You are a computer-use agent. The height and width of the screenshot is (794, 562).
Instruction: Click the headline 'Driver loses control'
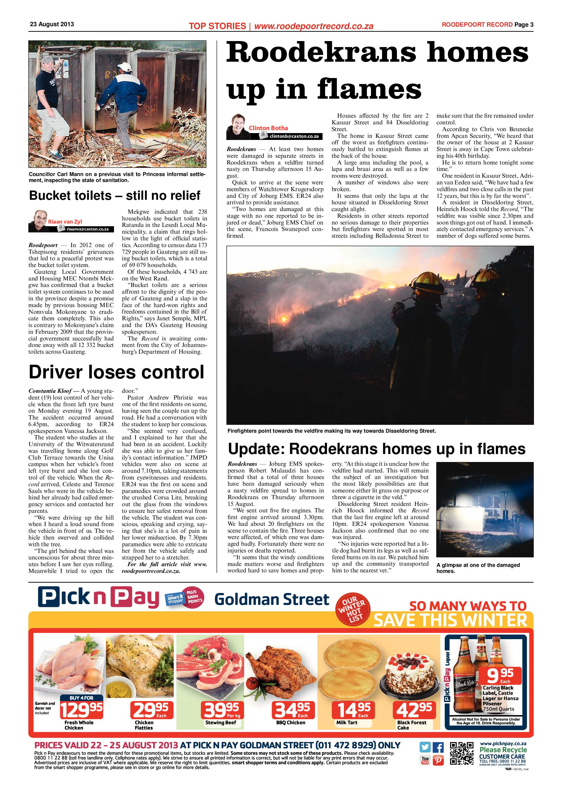tap(116, 372)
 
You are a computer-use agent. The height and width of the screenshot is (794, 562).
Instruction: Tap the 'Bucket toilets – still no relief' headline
tap(115, 195)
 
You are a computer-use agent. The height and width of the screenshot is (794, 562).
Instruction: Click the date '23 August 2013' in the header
tap(52, 24)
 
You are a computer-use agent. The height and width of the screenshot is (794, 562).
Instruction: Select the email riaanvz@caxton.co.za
tap(87, 229)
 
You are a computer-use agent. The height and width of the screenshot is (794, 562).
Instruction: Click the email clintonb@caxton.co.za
tap(294, 136)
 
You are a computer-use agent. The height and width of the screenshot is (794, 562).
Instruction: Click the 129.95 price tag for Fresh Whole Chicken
tap(82, 710)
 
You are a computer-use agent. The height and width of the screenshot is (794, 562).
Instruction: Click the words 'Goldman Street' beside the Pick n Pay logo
tap(272, 599)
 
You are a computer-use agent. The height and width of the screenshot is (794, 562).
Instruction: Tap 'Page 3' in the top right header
tap(524, 24)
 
